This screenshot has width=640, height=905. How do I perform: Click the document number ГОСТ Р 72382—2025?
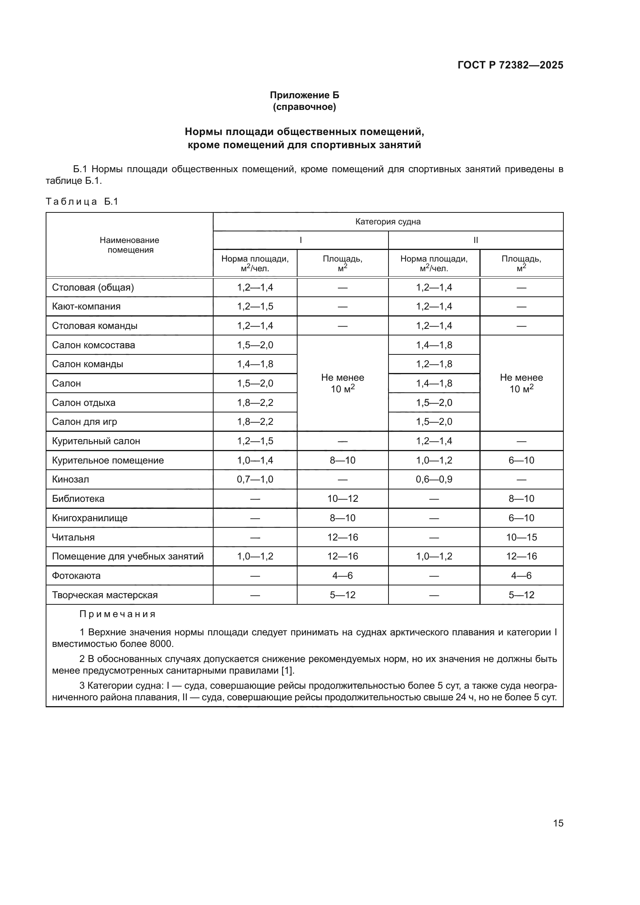510,65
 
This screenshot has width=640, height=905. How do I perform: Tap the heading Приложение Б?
304,95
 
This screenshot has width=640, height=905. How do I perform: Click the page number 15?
558,823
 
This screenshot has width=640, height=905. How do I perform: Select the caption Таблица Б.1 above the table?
82,202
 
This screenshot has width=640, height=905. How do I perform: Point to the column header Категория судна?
388,222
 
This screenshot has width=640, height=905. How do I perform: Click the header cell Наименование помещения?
129,245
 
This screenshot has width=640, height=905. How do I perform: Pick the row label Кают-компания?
86,306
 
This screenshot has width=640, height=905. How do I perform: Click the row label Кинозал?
70,479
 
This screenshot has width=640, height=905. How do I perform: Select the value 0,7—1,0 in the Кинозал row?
255,479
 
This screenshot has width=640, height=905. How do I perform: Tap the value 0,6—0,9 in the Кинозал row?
434,479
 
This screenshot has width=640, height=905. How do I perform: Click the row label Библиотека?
78,499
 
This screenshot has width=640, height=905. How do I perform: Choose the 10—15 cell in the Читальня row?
521,537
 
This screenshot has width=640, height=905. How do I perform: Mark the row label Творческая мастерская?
105,595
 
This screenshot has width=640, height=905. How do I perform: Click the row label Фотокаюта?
76,575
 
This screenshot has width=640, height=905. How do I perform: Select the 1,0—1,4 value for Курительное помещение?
255,460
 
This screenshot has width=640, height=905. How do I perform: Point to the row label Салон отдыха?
84,402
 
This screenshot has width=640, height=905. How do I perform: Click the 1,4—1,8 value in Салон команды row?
255,364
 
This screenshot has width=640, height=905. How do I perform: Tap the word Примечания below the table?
118,614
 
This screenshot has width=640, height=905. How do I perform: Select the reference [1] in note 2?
287,671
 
